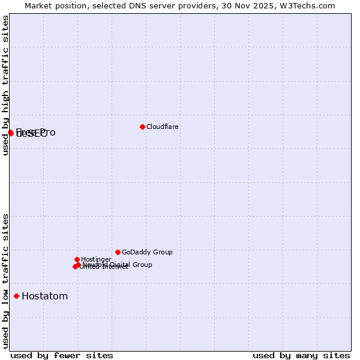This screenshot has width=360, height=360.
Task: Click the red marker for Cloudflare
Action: coord(142,127)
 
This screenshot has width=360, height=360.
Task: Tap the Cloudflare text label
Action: coord(163,127)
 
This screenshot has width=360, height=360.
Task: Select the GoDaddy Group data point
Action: coord(118,252)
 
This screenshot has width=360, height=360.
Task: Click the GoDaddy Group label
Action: coord(147,252)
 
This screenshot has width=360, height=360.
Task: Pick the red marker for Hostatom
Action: coord(16,296)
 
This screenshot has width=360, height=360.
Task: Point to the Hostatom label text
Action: coord(45,296)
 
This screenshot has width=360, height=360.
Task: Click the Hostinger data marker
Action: coord(77,259)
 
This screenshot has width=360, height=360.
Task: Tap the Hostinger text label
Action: coord(96,259)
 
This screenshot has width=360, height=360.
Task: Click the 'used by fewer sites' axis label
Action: coord(62,355)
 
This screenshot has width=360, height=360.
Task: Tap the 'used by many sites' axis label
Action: coord(301,355)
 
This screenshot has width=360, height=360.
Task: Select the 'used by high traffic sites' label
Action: coord(6,85)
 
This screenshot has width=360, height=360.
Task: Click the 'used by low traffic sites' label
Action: coord(6,281)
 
